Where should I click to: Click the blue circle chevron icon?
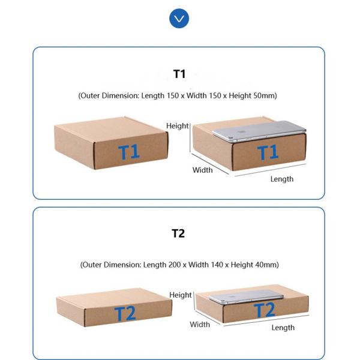pos(179,19)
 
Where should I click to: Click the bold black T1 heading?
pos(179,74)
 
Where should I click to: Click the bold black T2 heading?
pos(178,233)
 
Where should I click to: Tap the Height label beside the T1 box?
pos(177,126)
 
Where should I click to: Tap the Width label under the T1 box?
pos(202,170)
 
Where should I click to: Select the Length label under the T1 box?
pos(282,179)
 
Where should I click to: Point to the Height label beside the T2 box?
pos(181,295)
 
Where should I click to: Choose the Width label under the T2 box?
pos(200,325)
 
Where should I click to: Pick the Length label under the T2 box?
pos(283,328)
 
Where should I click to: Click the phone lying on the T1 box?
pos(259,131)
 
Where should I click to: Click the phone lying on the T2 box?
pos(247,296)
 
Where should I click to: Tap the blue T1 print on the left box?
pos(128,152)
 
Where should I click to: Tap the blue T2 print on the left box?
pos(125,314)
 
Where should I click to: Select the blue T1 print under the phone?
pos(268,152)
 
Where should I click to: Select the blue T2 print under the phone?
pos(264,310)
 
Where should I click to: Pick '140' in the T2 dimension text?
pos(217,265)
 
